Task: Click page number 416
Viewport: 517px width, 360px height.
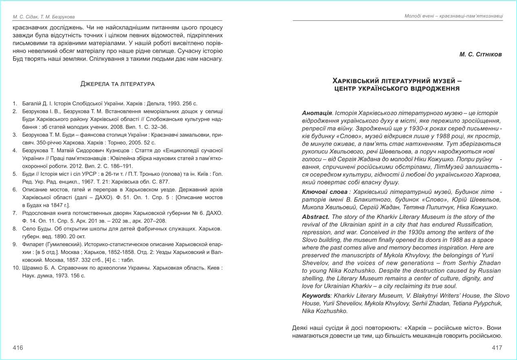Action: (18, 348)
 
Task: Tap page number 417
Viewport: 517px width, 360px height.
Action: (497, 348)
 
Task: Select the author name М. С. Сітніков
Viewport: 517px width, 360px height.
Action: (480, 55)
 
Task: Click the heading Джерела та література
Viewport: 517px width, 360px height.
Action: (118, 84)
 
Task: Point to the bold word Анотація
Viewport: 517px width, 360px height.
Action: (317, 113)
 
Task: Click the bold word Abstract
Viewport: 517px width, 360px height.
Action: (316, 217)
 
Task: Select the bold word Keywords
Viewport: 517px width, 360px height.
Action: (316, 296)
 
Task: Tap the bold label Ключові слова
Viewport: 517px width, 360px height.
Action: (325, 192)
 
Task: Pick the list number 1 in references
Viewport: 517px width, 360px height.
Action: (14, 104)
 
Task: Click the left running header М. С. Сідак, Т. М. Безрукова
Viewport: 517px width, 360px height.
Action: (44, 17)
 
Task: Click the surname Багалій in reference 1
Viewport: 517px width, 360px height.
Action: (31, 104)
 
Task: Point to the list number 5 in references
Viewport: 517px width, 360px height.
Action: (14, 174)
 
